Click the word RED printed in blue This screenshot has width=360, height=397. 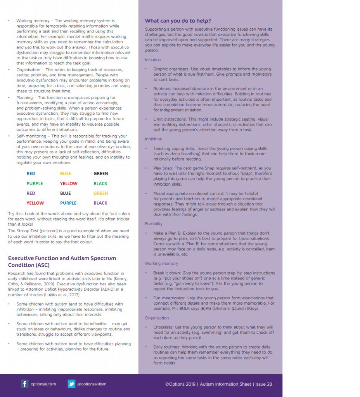(x=31, y=174)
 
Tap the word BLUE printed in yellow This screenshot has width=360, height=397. (x=65, y=174)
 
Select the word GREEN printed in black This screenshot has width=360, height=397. (x=100, y=174)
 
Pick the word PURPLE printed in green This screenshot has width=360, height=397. (x=35, y=183)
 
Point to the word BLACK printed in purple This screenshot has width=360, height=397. (x=100, y=203)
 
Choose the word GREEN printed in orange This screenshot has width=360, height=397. (x=100, y=193)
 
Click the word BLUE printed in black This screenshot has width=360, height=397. (x=65, y=193)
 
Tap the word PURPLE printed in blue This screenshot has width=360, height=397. (x=68, y=203)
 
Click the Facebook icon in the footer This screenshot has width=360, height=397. (x=25, y=384)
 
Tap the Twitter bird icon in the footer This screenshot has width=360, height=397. (x=71, y=384)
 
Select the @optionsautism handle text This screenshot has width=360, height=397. (x=92, y=384)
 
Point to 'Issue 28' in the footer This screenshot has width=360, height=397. (x=264, y=384)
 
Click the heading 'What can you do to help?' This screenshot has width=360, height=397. (x=178, y=21)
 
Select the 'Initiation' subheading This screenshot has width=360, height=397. (x=153, y=60)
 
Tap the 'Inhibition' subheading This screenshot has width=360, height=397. (x=154, y=139)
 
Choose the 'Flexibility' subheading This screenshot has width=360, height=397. (x=154, y=224)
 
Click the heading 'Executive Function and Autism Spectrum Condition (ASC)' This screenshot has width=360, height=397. (x=62, y=262)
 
